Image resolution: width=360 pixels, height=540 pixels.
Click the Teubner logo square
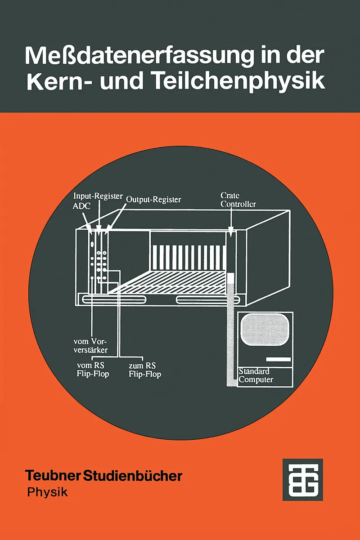point(302,479)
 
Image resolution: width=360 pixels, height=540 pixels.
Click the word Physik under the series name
point(47,491)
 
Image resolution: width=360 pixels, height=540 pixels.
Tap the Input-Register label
point(98,196)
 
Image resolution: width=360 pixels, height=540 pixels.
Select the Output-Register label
point(153,199)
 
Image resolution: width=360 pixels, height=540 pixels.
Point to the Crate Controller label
point(238,200)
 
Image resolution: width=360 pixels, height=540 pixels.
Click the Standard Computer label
point(256,375)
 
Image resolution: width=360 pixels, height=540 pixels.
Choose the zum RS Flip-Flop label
point(144,369)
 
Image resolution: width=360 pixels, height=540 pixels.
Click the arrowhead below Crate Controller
point(231,233)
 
